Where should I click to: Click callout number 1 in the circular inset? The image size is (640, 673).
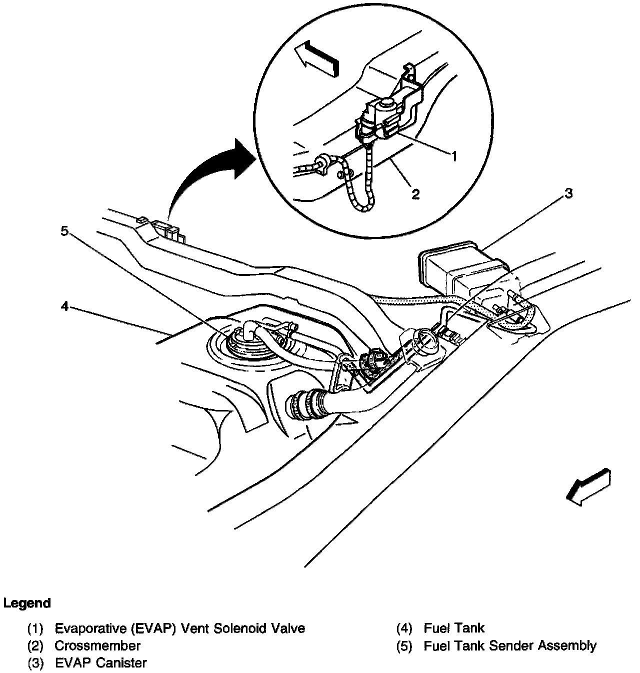pos(454,156)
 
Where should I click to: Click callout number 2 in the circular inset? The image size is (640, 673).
pos(416,194)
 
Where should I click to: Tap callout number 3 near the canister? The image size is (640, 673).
pos(568,193)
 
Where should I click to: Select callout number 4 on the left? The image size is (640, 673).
pos(64,305)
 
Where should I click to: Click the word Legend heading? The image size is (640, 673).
pos(27,603)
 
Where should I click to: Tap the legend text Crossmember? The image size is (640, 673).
pos(97,645)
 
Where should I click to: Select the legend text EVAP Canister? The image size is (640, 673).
pos(100,663)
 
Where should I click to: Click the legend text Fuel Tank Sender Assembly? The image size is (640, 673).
pos(509,645)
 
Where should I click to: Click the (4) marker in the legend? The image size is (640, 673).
pos(403,628)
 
